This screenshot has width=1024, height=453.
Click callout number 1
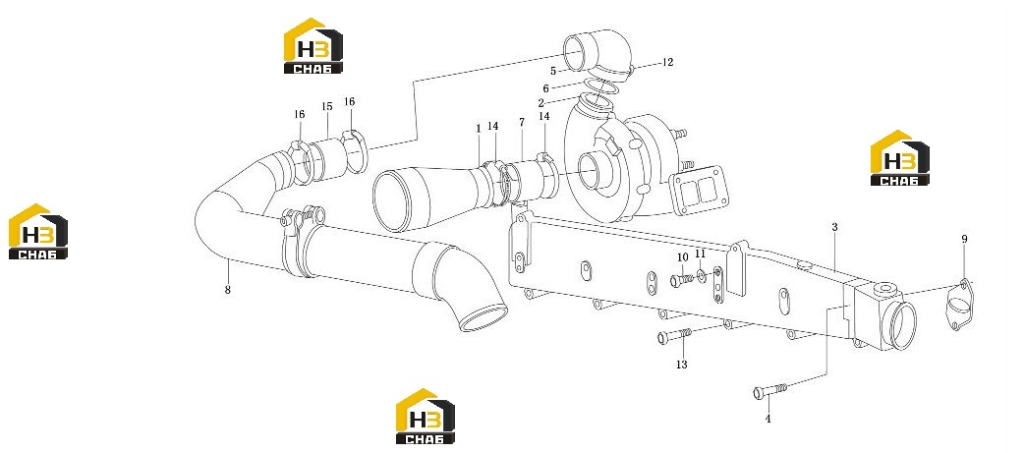478,130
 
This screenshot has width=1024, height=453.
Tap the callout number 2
540,103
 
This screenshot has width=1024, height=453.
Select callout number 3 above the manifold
834,227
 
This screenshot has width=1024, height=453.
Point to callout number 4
768,419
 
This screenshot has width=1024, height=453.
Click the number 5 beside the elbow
553,71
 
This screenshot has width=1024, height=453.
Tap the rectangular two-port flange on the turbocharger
693,194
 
